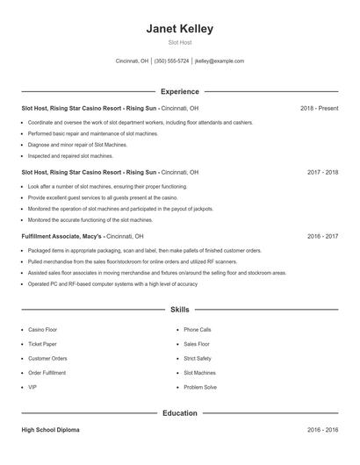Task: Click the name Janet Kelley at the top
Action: tap(179, 29)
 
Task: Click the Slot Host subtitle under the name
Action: tap(179, 42)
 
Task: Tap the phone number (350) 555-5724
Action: tap(171, 61)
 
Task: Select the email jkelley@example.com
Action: tap(220, 61)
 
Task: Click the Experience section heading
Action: tap(179, 91)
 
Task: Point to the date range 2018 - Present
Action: tap(319, 108)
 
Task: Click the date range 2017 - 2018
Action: tap(322, 173)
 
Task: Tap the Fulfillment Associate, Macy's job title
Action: tap(62, 237)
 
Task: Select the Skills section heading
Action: tap(179, 310)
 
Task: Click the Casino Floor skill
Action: tap(42, 330)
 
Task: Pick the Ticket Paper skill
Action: tap(43, 344)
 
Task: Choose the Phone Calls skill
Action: tap(198, 330)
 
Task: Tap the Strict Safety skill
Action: tap(198, 358)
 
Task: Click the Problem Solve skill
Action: tap(200, 387)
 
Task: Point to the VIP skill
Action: tap(32, 387)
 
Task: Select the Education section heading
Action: tap(179, 412)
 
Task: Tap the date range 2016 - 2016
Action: tap(322, 431)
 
